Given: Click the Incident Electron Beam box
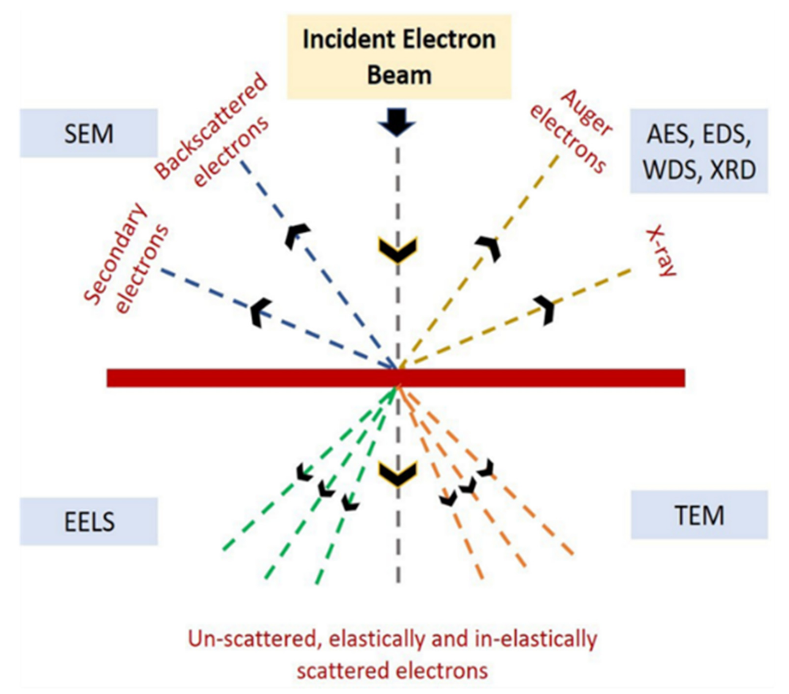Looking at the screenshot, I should [x=399, y=57].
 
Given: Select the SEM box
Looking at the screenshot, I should [x=89, y=133].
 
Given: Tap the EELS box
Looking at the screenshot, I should [x=89, y=522].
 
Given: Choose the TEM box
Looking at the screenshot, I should [x=699, y=515].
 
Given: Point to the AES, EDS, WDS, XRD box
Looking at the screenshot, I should [x=698, y=151].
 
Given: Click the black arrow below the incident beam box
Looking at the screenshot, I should [x=397, y=125].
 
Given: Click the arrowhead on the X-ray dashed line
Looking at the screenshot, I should [x=544, y=308].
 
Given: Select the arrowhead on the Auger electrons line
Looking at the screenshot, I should [x=489, y=246].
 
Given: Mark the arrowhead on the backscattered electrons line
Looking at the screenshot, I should [x=296, y=235].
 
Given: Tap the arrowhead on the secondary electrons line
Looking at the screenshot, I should [x=261, y=312].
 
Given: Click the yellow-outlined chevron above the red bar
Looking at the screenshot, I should [x=398, y=248].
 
